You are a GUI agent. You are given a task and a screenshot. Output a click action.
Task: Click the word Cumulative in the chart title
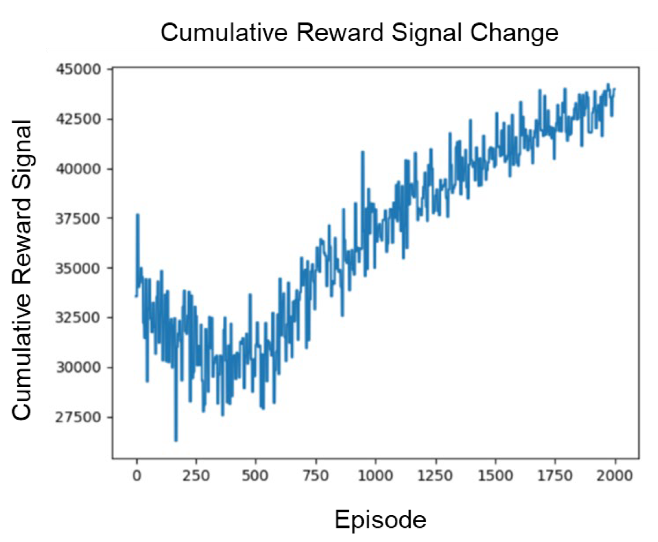223,32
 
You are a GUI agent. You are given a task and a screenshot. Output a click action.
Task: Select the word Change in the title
514,32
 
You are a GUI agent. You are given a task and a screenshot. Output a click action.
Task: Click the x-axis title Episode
380,520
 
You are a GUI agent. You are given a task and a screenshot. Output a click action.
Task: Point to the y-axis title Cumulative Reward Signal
22,269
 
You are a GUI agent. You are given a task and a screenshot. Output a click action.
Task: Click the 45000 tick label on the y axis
78,69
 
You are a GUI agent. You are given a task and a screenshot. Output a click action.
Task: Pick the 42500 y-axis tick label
78,119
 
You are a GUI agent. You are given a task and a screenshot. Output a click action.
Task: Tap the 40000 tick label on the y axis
78,169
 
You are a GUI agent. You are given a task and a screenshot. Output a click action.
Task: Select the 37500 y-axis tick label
78,218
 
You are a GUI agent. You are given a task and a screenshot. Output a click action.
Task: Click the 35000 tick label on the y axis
78,268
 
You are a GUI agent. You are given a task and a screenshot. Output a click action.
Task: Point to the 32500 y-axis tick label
78,318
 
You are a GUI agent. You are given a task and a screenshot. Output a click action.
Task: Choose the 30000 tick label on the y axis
78,367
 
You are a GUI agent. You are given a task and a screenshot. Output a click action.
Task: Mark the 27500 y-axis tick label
78,417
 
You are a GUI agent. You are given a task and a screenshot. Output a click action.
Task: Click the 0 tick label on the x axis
137,475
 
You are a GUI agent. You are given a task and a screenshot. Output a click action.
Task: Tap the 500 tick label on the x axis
255,475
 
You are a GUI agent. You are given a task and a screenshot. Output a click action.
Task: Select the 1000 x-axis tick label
375,475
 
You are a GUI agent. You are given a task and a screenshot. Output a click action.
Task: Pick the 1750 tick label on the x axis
555,475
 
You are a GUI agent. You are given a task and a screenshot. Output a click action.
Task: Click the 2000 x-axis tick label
614,475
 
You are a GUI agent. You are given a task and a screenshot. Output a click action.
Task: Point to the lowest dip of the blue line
176,440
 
